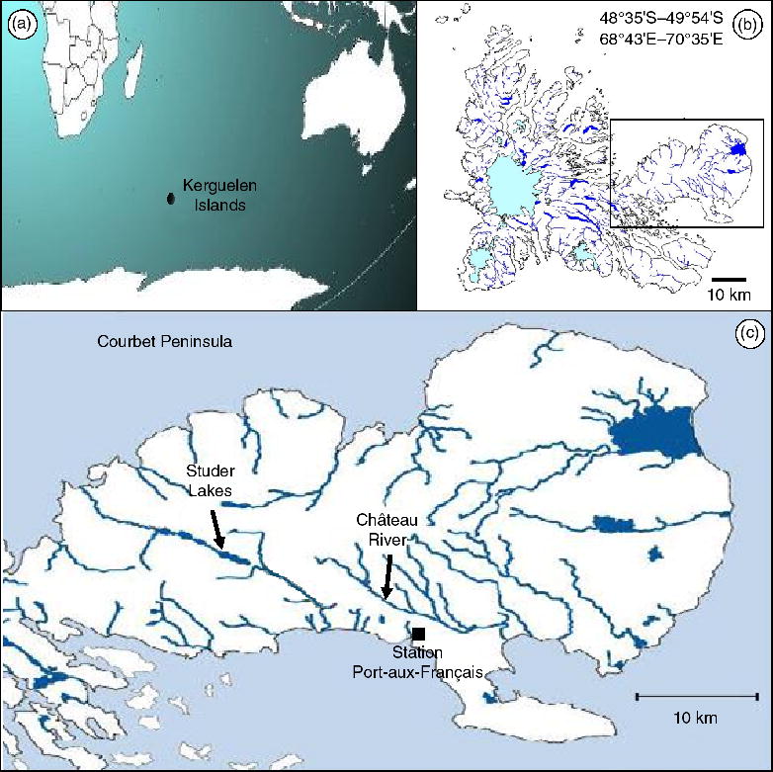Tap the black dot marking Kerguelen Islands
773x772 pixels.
(171, 199)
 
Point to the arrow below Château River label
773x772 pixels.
(387, 576)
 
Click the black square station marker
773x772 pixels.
(419, 634)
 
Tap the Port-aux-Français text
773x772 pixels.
(416, 671)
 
